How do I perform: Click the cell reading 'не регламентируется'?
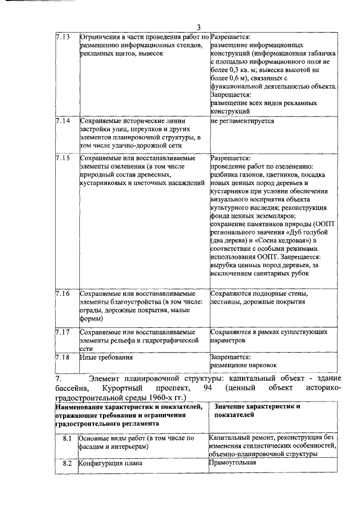242,121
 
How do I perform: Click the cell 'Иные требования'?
106,357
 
